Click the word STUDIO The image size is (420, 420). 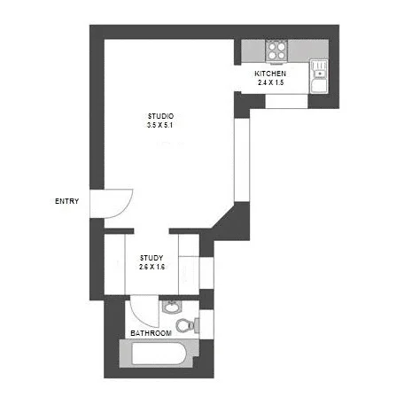[x=160, y=116]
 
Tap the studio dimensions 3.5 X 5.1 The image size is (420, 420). [x=160, y=126]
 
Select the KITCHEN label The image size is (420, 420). [x=270, y=73]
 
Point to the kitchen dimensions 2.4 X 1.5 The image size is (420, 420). [x=270, y=82]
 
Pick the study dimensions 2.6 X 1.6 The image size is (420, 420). [x=152, y=267]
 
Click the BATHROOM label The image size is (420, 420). [x=151, y=333]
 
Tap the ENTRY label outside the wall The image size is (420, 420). [x=66, y=201]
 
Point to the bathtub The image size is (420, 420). [x=159, y=357]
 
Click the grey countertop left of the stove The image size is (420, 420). [x=253, y=50]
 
